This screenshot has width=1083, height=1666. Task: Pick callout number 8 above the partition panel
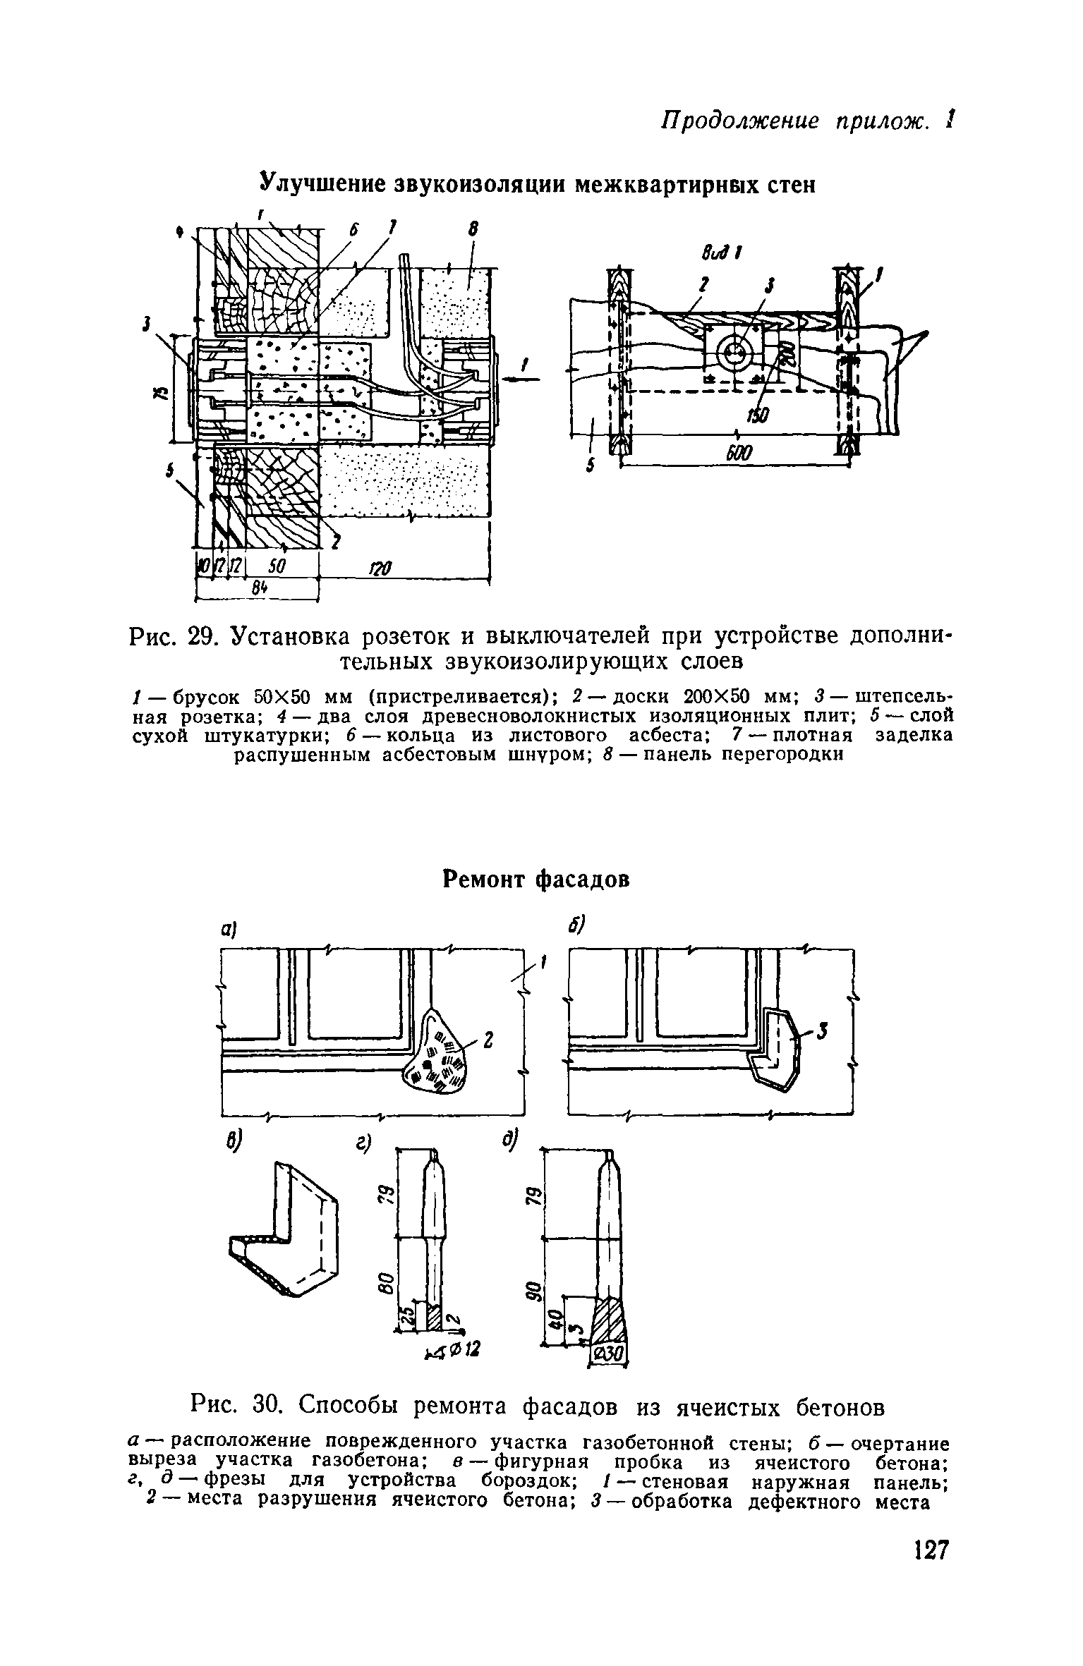[471, 230]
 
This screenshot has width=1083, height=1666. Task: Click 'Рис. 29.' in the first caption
[173, 638]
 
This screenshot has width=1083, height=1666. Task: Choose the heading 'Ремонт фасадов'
[535, 880]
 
